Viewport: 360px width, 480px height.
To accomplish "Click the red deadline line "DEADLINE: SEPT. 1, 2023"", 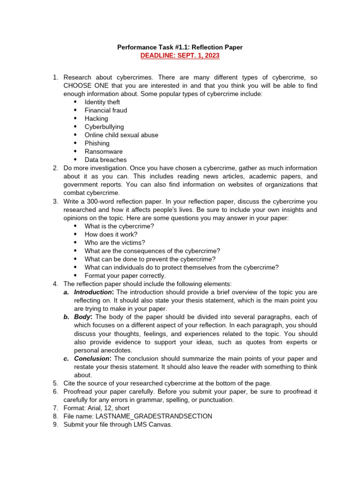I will point(180,56).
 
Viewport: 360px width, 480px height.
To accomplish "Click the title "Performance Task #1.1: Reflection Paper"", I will point(180,47).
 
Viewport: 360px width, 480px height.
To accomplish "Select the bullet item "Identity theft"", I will point(102,102).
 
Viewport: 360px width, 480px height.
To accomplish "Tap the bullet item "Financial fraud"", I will point(106,111).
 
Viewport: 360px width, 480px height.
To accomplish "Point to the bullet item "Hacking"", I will point(96,119).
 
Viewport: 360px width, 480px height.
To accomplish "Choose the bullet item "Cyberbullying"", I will point(104,127).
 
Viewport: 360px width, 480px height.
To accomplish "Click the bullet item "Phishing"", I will point(97,143).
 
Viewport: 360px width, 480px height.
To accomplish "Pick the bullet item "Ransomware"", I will point(104,152).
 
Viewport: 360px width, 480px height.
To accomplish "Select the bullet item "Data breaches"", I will point(105,160).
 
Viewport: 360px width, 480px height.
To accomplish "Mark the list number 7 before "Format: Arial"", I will point(55,408).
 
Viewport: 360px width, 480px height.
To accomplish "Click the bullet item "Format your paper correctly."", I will point(125,276).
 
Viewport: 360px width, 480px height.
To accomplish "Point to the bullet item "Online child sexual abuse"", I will point(121,135).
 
